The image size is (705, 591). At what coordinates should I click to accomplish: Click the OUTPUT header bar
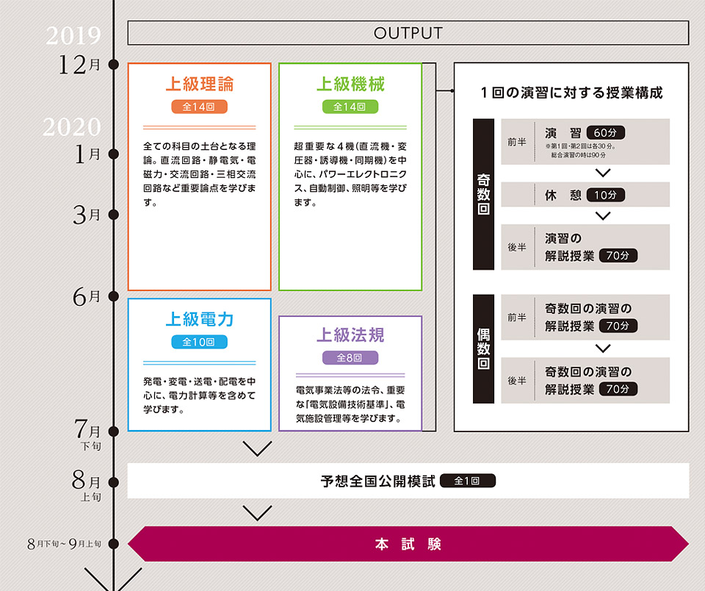[408, 33]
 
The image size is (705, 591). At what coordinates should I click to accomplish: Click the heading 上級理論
[199, 84]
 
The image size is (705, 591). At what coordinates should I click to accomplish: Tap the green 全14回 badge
[350, 107]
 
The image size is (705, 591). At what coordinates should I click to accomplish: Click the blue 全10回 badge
[199, 342]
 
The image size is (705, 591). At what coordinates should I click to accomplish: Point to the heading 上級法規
[350, 335]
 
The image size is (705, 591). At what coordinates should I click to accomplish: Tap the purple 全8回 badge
[350, 358]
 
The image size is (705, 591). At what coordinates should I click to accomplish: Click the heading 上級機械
[350, 84]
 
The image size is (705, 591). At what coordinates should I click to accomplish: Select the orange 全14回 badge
[199, 107]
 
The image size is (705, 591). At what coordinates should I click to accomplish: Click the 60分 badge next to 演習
[605, 133]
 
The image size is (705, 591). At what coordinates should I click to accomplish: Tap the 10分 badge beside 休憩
[605, 195]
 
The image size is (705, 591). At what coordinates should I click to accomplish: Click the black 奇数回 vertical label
[484, 194]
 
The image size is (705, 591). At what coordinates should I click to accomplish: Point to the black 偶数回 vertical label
[484, 349]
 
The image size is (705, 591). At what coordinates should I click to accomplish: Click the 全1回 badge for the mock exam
[467, 481]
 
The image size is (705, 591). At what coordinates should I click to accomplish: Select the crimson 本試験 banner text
[408, 545]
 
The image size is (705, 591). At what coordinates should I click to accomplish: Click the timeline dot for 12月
[113, 65]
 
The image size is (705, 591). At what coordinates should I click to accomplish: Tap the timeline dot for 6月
[113, 297]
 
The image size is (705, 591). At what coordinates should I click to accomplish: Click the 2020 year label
[71, 127]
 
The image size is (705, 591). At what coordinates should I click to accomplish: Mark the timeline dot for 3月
[113, 215]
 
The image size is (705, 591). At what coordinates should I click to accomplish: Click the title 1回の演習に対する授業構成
[571, 93]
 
